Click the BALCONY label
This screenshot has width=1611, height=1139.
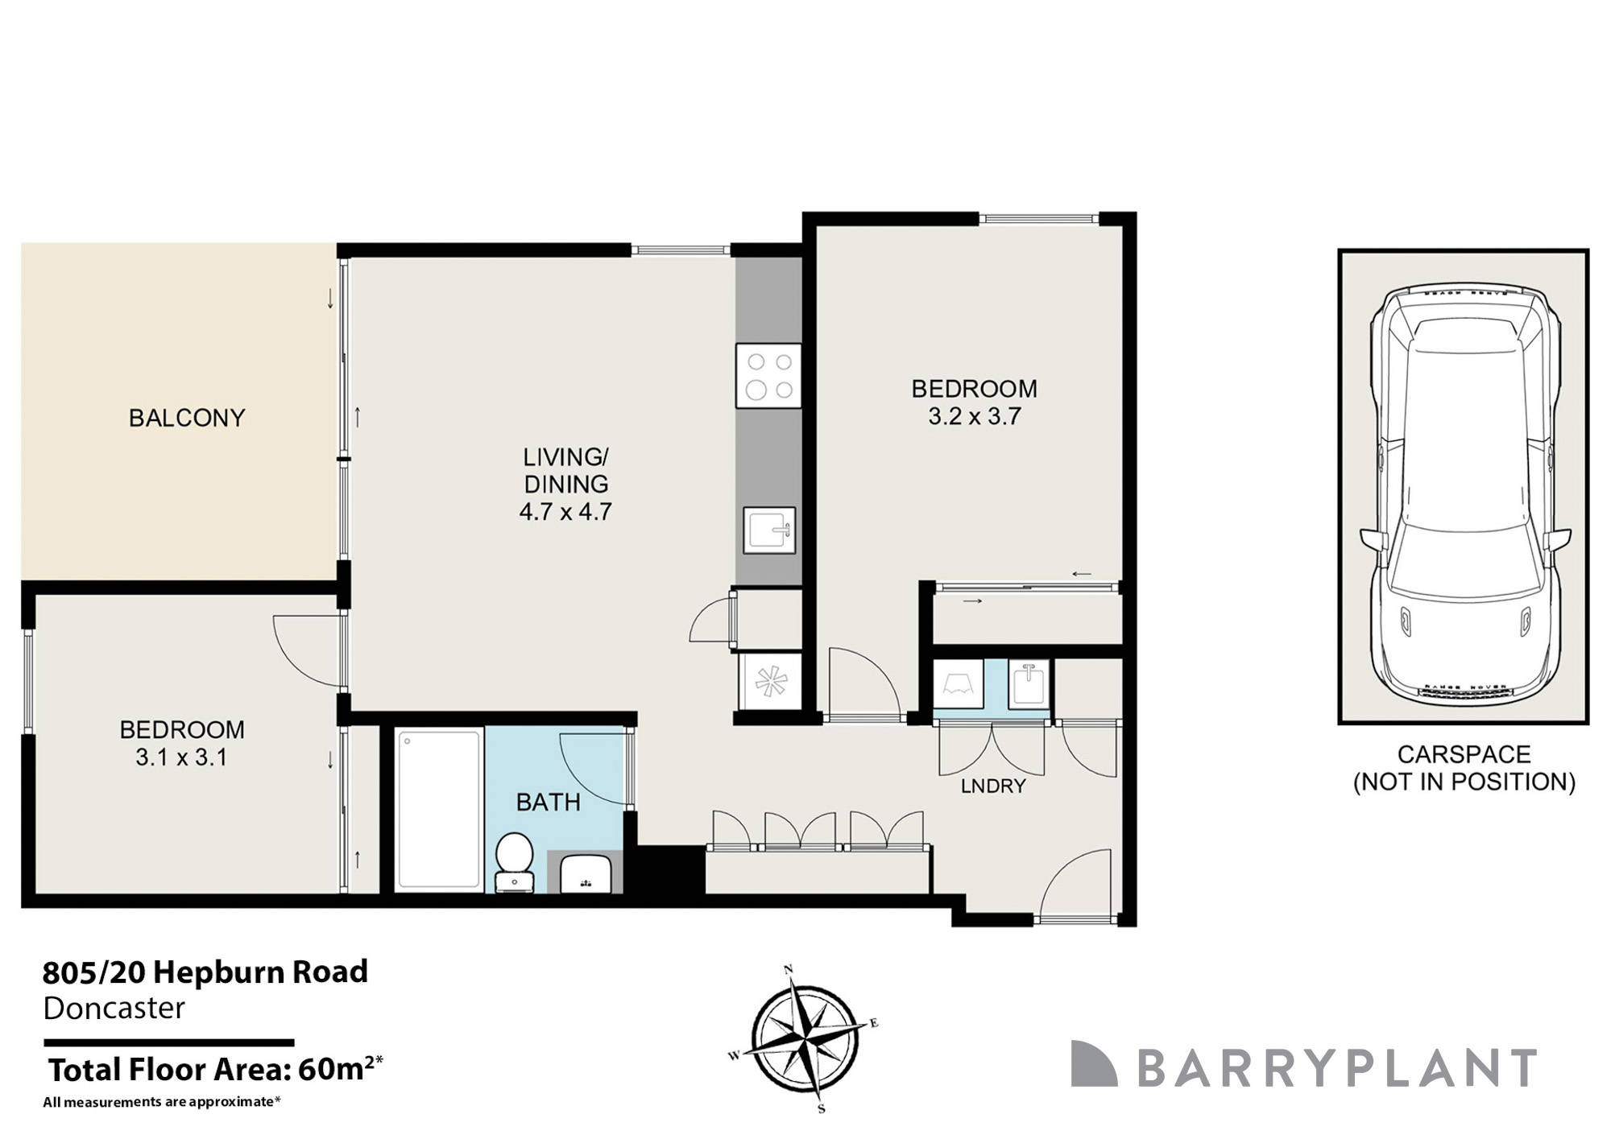(187, 418)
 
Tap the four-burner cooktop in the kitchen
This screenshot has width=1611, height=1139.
(768, 376)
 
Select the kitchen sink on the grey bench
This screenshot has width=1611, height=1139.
(769, 530)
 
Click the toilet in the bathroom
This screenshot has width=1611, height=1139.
(514, 861)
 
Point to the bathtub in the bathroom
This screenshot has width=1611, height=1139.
(438, 808)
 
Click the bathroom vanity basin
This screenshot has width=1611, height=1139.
(586, 874)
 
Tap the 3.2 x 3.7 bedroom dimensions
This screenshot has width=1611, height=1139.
(975, 416)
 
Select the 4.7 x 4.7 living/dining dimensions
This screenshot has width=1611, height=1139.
(565, 511)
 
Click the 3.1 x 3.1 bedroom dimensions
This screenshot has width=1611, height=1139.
(181, 757)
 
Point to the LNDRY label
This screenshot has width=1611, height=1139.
(993, 786)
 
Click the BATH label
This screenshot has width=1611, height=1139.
(548, 803)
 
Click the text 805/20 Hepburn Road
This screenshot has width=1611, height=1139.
(205, 972)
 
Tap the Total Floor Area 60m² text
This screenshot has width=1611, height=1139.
(213, 1070)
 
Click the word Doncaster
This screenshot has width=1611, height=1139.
(114, 1009)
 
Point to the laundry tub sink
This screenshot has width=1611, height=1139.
(1029, 684)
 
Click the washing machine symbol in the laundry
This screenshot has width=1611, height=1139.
(959, 684)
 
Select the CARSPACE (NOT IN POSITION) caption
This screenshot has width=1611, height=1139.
(1464, 768)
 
